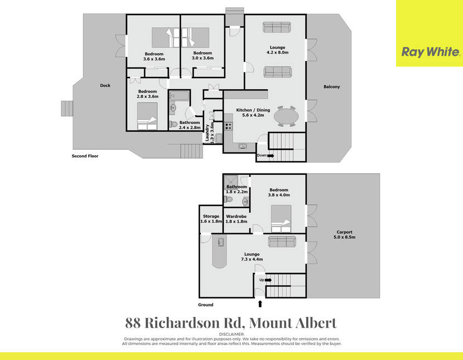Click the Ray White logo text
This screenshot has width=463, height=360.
click(x=431, y=52)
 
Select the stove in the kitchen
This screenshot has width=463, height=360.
click(x=228, y=126)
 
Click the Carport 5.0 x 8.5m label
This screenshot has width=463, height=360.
click(x=344, y=234)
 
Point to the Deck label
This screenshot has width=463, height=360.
click(x=105, y=85)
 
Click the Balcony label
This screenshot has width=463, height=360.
click(x=331, y=87)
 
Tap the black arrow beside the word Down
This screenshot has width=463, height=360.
click(x=271, y=156)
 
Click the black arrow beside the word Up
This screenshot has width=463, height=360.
click(x=268, y=280)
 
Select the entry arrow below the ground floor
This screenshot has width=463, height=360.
click(x=260, y=304)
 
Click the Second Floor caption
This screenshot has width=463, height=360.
click(x=85, y=156)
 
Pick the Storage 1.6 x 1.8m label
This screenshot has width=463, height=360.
click(x=211, y=219)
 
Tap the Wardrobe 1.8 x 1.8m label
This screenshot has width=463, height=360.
click(x=236, y=219)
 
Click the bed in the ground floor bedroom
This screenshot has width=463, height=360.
click(x=281, y=219)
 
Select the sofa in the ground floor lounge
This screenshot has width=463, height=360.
click(x=282, y=241)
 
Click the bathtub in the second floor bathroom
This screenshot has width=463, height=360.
click(x=179, y=96)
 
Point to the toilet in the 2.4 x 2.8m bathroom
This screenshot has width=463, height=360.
click(x=173, y=124)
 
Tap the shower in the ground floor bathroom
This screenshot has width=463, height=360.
click(x=230, y=181)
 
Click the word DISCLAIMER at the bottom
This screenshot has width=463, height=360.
click(x=232, y=334)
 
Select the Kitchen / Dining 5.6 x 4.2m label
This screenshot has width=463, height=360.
click(x=253, y=112)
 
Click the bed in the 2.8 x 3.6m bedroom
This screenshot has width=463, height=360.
click(x=147, y=116)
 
